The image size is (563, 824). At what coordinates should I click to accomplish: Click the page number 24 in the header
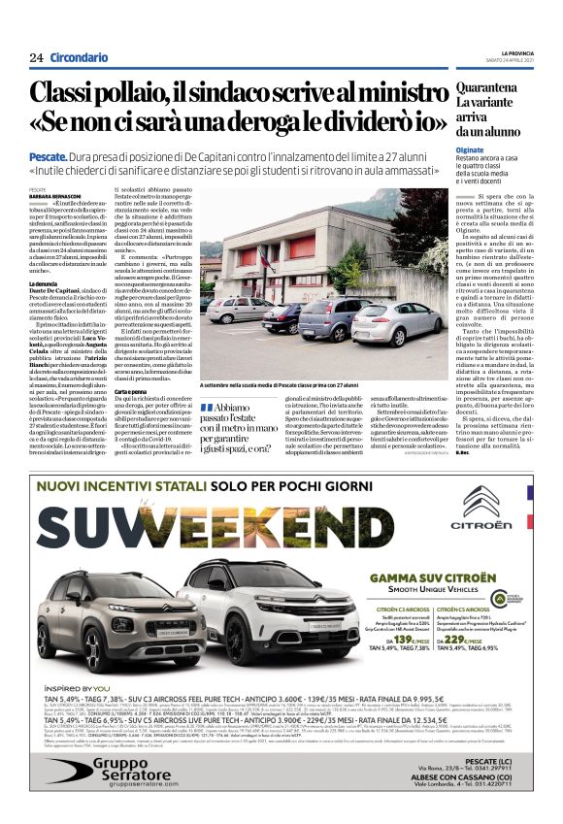coord(36,58)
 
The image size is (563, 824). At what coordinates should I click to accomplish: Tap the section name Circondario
coord(80,58)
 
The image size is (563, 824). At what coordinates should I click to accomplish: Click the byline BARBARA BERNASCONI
coord(56,196)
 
